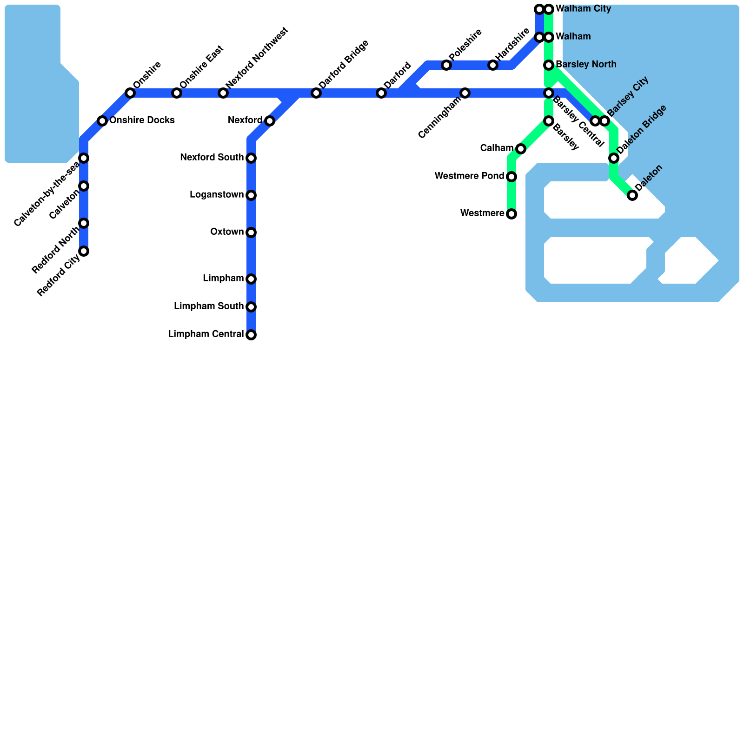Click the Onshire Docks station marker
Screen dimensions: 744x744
[102, 121]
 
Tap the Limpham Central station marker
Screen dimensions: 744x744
[251, 335]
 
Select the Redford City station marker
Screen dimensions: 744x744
[84, 251]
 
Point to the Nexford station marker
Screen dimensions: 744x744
[270, 121]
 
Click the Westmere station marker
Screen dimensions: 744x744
[511, 214]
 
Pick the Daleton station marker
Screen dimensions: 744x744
[632, 195]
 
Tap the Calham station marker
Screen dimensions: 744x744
[521, 149]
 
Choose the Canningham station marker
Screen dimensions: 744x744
[465, 93]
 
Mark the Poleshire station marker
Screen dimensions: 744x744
[446, 65]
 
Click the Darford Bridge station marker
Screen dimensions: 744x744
[316, 93]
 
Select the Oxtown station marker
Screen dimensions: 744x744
[251, 232]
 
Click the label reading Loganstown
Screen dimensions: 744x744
[217, 195]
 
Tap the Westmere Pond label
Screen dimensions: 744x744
[469, 176]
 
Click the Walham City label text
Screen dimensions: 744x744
[583, 9]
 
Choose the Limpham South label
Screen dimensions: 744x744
[209, 306]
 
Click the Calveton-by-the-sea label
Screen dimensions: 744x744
[46, 194]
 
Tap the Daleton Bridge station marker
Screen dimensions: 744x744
[614, 158]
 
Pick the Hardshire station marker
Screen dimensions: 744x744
[493, 65]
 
